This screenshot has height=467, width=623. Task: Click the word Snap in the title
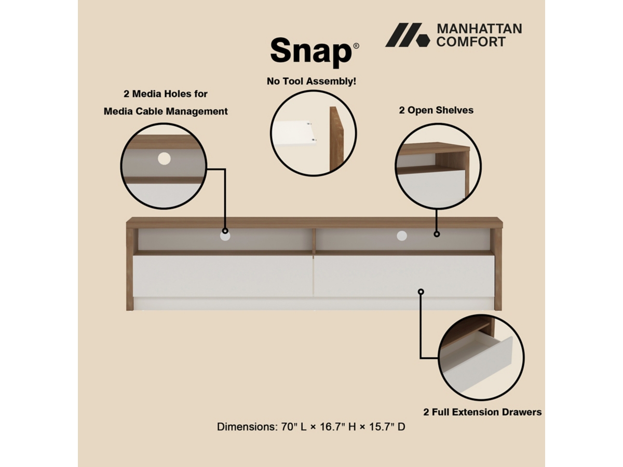311,51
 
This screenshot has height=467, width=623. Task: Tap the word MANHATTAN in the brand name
479,29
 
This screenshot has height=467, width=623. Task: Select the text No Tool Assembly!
311,81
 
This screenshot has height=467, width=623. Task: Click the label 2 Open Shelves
436,110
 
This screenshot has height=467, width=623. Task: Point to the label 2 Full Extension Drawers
482,412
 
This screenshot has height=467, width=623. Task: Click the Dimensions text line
311,427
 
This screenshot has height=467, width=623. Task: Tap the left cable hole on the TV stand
225,236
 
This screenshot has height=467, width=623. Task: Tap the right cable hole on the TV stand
402,236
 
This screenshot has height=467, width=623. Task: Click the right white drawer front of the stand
404,276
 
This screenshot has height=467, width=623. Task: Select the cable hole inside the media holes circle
164,159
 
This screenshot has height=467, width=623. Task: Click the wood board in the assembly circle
336,139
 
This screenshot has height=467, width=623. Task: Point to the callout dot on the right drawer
421,292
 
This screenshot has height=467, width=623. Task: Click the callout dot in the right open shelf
437,234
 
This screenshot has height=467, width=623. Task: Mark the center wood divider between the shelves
314,241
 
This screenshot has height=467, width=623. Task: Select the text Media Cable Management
166,111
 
